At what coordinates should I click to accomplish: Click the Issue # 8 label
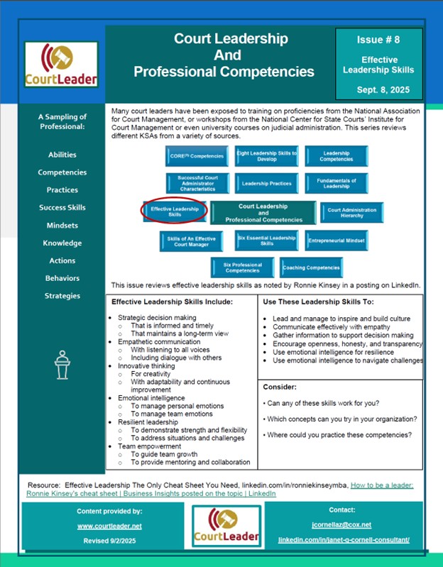tap(378, 40)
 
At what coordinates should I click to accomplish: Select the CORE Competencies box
tap(197, 156)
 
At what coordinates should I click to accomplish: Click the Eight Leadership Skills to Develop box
tap(267, 156)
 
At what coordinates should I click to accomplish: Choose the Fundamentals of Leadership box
tap(337, 183)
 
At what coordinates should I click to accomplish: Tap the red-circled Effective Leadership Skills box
tap(174, 211)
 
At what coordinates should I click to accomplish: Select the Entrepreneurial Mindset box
tap(336, 241)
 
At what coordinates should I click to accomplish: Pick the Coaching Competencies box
tap(311, 268)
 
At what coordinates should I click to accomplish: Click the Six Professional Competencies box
tap(242, 268)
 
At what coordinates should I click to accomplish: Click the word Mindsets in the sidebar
tap(62, 226)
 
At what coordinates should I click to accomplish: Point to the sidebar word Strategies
tap(62, 296)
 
